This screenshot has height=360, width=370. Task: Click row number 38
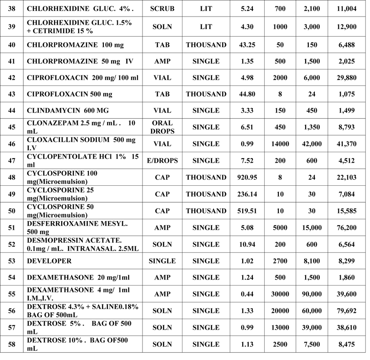[11, 9]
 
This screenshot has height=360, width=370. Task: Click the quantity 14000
[280, 144]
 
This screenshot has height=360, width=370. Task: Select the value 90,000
[314, 294]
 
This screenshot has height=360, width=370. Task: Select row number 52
[11, 244]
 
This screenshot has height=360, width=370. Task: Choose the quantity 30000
[280, 294]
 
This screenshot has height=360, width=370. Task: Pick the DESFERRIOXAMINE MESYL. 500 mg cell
[76, 227]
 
